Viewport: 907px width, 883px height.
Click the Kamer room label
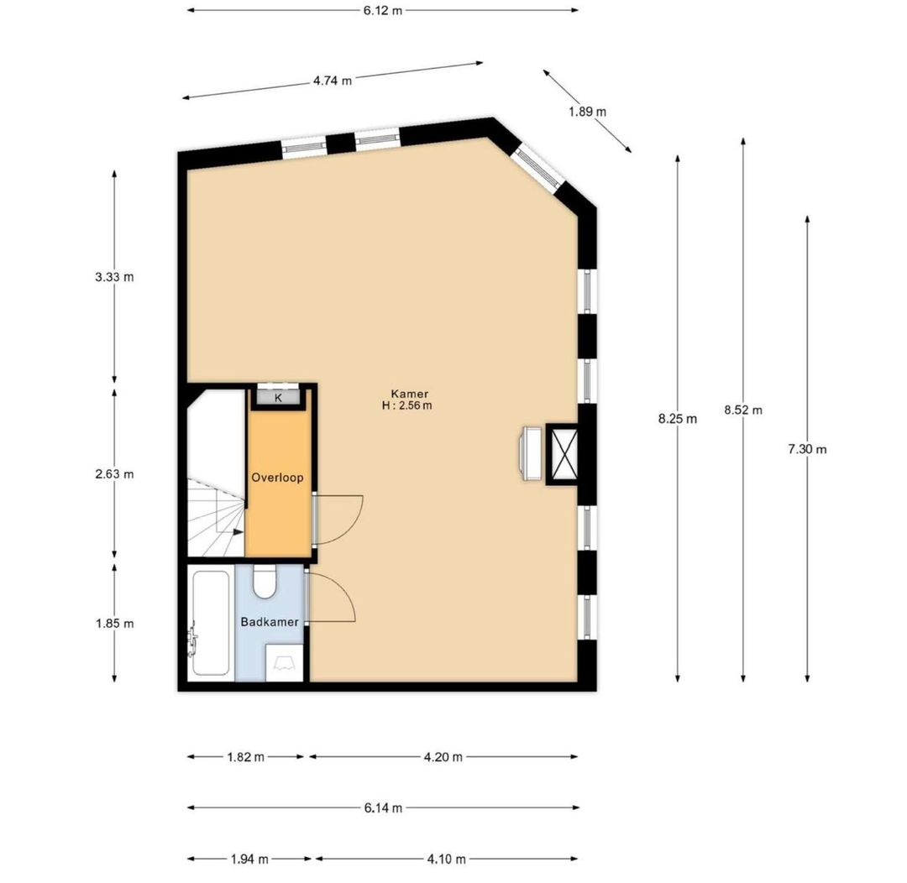point(409,394)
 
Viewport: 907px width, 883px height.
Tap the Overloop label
point(277,478)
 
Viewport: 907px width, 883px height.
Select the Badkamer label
point(270,622)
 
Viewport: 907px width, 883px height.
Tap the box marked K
point(278,397)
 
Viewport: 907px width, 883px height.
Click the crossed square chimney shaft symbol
point(562,452)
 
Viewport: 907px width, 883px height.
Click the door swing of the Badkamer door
point(334,598)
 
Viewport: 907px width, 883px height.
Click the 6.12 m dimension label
point(382,10)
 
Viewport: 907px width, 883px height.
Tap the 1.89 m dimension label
point(588,112)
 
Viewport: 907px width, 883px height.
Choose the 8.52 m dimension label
point(743,410)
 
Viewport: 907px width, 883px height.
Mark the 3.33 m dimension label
point(114,277)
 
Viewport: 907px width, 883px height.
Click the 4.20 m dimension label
point(444,756)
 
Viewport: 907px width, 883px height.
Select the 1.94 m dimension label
point(249,859)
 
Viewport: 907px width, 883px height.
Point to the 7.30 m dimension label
point(807,449)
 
